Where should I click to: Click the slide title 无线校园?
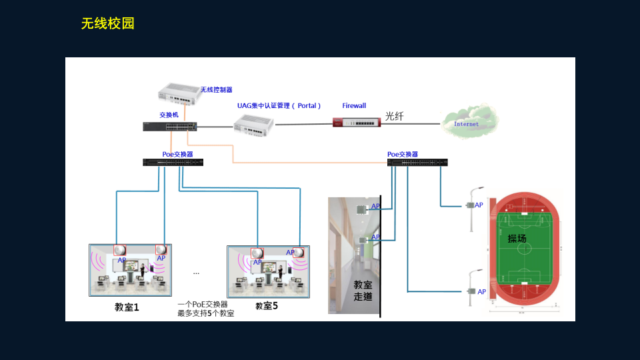pyautogui.click(x=108, y=24)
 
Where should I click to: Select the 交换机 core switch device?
pyautogui.click(x=169, y=127)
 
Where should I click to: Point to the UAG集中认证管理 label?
pyautogui.click(x=279, y=105)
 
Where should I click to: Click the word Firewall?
pyautogui.click(x=354, y=105)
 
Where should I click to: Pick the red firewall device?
pyautogui.click(x=356, y=122)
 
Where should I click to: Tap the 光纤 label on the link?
pyautogui.click(x=395, y=116)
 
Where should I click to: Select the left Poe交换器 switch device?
pyautogui.click(x=173, y=162)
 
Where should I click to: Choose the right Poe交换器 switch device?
pyautogui.click(x=417, y=162)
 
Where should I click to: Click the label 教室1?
pyautogui.click(x=127, y=307)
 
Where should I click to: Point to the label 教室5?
pyautogui.click(x=266, y=306)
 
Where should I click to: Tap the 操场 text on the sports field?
pyautogui.click(x=517, y=238)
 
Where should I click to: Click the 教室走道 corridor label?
pyautogui.click(x=363, y=290)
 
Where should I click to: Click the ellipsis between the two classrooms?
pyautogui.click(x=196, y=273)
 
